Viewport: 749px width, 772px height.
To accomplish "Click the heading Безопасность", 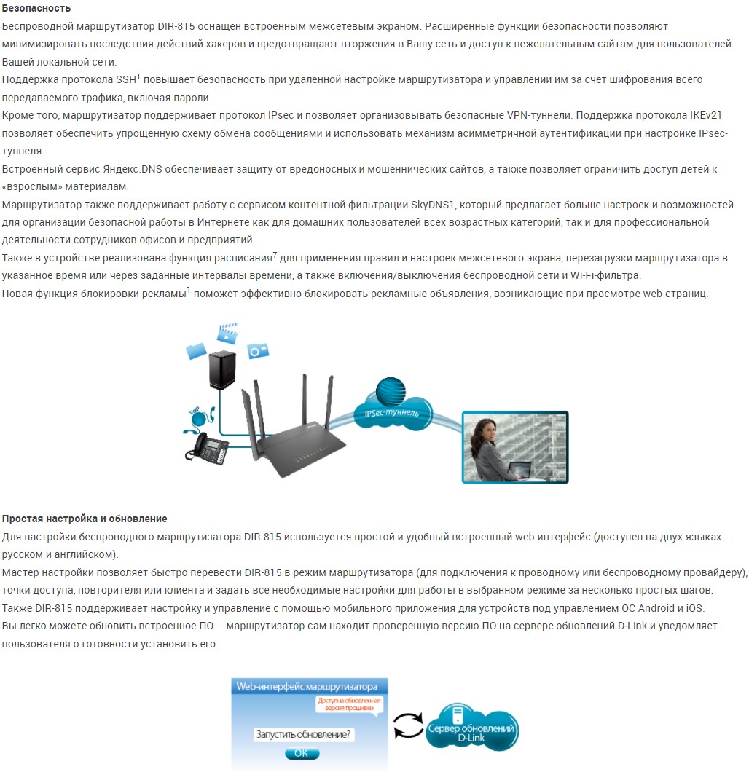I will click(36, 8).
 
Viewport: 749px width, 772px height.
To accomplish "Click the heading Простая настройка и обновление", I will click(85, 519).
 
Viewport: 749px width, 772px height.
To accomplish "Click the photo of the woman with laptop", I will click(514, 447).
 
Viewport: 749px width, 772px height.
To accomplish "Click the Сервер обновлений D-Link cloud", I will click(472, 728).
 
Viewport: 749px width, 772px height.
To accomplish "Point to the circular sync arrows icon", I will click(408, 722).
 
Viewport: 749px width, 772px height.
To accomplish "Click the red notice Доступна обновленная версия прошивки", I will click(349, 703).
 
